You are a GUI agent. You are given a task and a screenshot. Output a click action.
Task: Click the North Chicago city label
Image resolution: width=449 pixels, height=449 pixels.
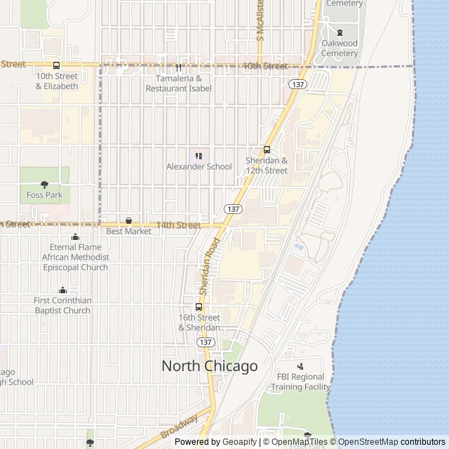pyautogui.click(x=210, y=366)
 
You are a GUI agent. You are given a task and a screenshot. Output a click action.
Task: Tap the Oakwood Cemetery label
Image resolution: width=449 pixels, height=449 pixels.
pyautogui.click(x=340, y=48)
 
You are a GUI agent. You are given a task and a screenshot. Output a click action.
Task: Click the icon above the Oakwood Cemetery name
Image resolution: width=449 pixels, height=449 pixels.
pyautogui.click(x=340, y=32)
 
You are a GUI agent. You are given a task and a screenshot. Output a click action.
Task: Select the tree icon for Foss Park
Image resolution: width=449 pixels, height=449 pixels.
pyautogui.click(x=44, y=185)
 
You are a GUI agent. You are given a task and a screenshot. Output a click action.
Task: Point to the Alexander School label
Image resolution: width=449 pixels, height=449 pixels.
pyautogui.click(x=199, y=166)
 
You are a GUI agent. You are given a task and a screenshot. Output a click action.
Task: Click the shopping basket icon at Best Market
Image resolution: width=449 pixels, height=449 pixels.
pyautogui.click(x=128, y=220)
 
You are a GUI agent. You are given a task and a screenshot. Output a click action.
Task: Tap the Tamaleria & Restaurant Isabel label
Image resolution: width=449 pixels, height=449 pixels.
pyautogui.click(x=179, y=83)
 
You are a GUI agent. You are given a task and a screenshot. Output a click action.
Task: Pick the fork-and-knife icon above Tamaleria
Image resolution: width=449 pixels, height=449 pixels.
pyautogui.click(x=179, y=68)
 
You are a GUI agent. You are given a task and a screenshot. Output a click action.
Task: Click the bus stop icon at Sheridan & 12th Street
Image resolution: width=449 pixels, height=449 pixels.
pyautogui.click(x=267, y=149)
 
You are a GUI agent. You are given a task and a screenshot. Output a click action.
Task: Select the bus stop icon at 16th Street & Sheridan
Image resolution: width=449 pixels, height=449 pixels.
pyautogui.click(x=199, y=307)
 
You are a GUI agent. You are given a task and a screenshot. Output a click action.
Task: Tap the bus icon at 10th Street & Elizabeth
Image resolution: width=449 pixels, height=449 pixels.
pyautogui.click(x=57, y=65)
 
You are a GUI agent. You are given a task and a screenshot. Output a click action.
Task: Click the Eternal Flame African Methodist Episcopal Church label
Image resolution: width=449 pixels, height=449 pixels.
pyautogui.click(x=75, y=257)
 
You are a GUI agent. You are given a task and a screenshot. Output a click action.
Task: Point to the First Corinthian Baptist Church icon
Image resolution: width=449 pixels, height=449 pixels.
pyautogui.click(x=62, y=290)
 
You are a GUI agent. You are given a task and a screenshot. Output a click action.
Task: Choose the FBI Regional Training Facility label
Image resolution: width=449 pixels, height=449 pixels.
pyautogui.click(x=300, y=382)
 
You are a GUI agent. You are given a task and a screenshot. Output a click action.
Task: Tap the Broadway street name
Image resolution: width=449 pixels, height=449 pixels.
pyautogui.click(x=180, y=427)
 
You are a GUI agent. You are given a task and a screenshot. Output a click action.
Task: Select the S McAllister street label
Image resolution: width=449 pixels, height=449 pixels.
pyautogui.click(x=260, y=19)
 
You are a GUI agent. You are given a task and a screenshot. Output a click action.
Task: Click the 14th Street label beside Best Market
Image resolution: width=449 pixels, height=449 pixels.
pyautogui.click(x=178, y=225)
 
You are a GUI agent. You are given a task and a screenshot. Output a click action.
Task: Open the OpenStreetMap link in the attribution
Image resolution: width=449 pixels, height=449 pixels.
pyautogui.click(x=368, y=442)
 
